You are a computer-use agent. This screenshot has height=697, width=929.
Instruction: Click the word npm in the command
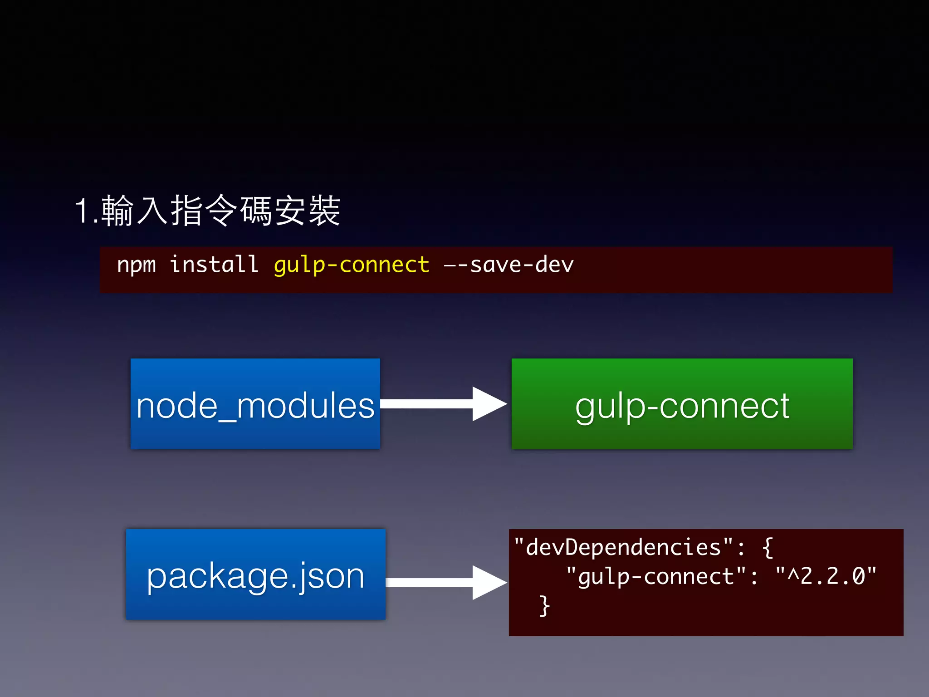pyautogui.click(x=136, y=265)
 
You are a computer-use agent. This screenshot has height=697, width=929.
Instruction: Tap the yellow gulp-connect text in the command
pyautogui.click(x=352, y=265)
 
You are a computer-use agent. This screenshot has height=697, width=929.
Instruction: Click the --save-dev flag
pyautogui.click(x=509, y=265)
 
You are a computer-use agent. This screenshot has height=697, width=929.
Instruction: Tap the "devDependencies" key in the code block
pyautogui.click(x=623, y=547)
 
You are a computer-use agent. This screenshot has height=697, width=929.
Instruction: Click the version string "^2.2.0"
pyautogui.click(x=826, y=576)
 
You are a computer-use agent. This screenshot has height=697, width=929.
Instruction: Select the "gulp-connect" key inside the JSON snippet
pyautogui.click(x=656, y=577)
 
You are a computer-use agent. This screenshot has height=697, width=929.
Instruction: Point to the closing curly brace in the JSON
pyautogui.click(x=544, y=606)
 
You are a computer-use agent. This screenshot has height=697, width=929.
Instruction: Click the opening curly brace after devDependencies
pyautogui.click(x=768, y=548)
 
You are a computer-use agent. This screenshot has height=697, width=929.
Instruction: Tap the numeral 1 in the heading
pyautogui.click(x=83, y=211)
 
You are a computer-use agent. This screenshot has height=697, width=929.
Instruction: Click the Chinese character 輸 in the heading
pyautogui.click(x=117, y=211)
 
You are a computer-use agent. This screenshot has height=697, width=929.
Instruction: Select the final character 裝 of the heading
pyautogui.click(x=324, y=211)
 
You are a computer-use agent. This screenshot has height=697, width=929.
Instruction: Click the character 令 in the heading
pyautogui.click(x=221, y=211)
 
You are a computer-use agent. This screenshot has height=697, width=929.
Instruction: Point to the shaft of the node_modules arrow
pyautogui.click(x=426, y=404)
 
